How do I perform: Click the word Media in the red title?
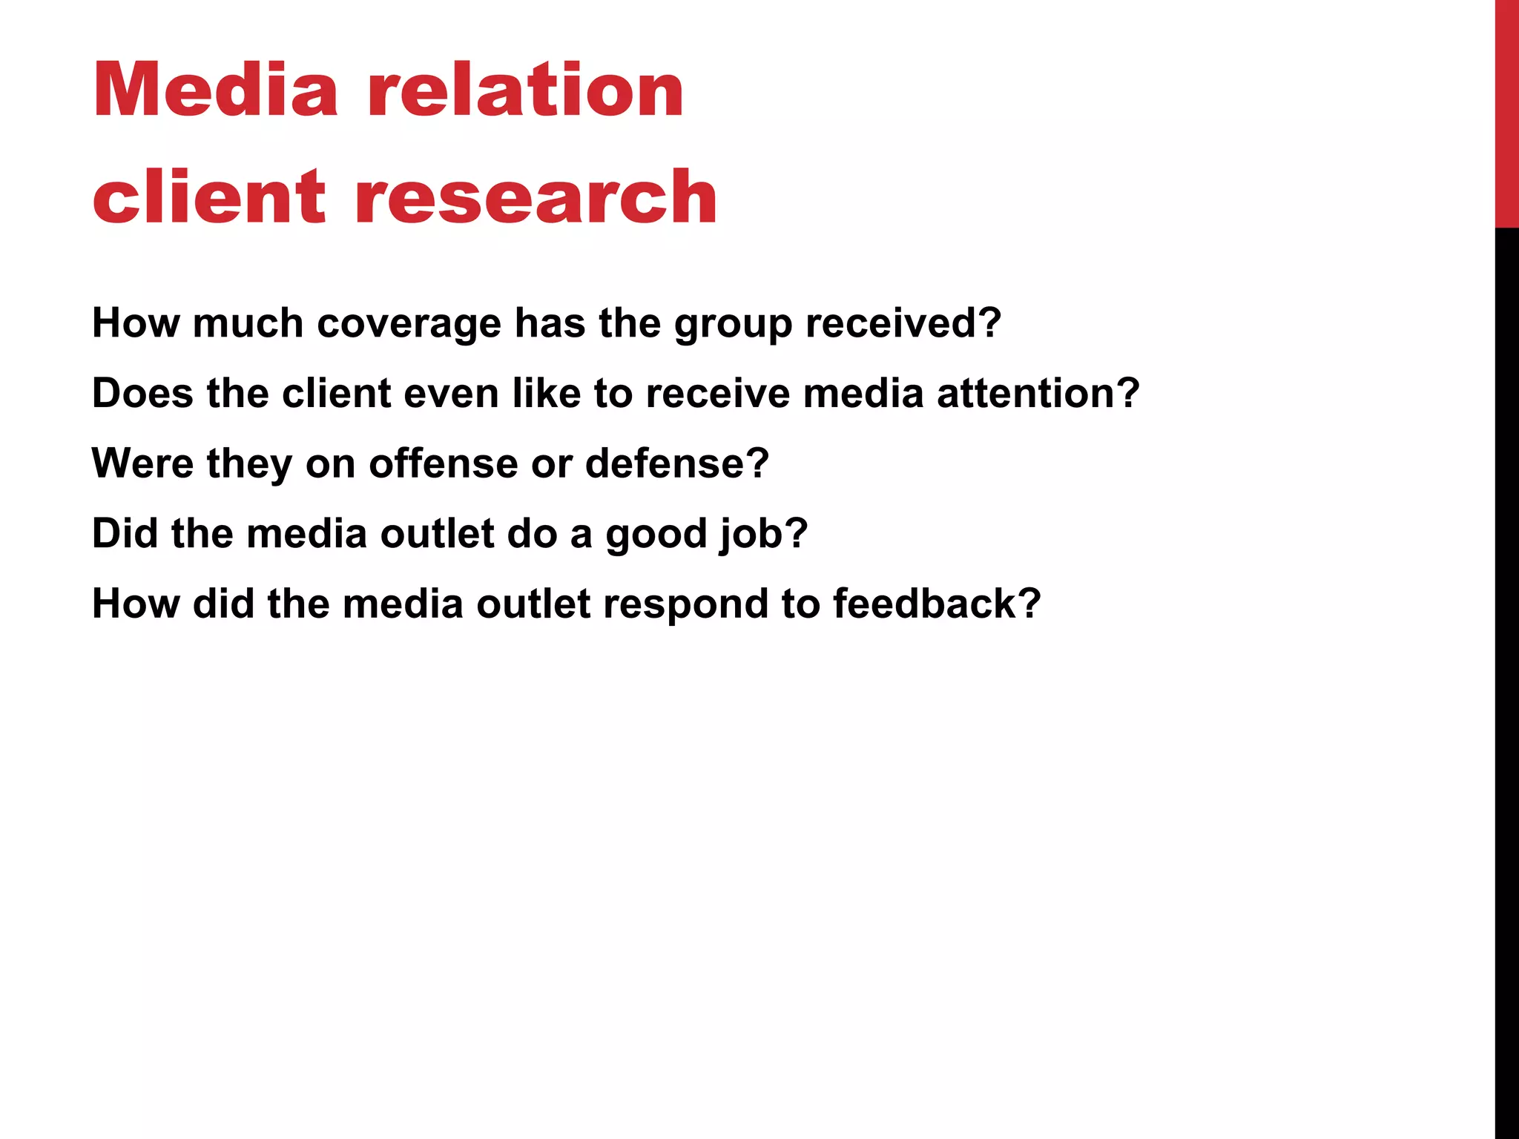(x=215, y=90)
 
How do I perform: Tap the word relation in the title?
(x=525, y=90)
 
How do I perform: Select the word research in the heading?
(x=536, y=197)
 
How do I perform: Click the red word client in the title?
(x=208, y=197)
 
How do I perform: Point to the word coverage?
(x=409, y=323)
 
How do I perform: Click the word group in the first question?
(x=733, y=325)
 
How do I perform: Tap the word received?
(x=903, y=323)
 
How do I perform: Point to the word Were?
(x=143, y=463)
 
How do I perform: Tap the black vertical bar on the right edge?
(x=1506, y=682)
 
